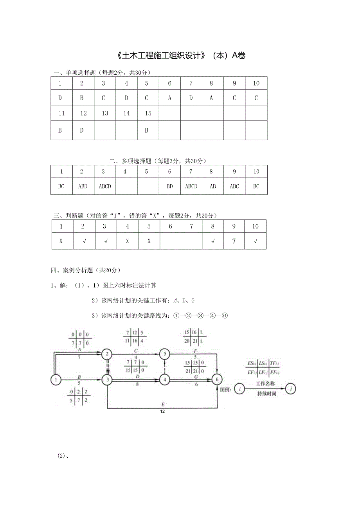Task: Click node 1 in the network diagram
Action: tap(56, 379)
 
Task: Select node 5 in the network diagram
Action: tap(165, 354)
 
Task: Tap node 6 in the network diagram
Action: tap(217, 379)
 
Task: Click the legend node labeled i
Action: tap(240, 389)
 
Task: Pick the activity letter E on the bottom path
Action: tap(162, 405)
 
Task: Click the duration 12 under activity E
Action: tap(162, 411)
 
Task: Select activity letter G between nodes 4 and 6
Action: tap(196, 376)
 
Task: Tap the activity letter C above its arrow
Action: tap(136, 351)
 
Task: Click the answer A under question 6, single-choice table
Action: tap(170, 98)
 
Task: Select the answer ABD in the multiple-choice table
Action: tap(83, 187)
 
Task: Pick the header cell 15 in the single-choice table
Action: tap(148, 113)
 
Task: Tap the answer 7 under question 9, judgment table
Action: tap(234, 241)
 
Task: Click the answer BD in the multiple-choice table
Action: tap(170, 187)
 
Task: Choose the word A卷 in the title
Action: tap(239, 56)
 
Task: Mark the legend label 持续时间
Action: tap(266, 394)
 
